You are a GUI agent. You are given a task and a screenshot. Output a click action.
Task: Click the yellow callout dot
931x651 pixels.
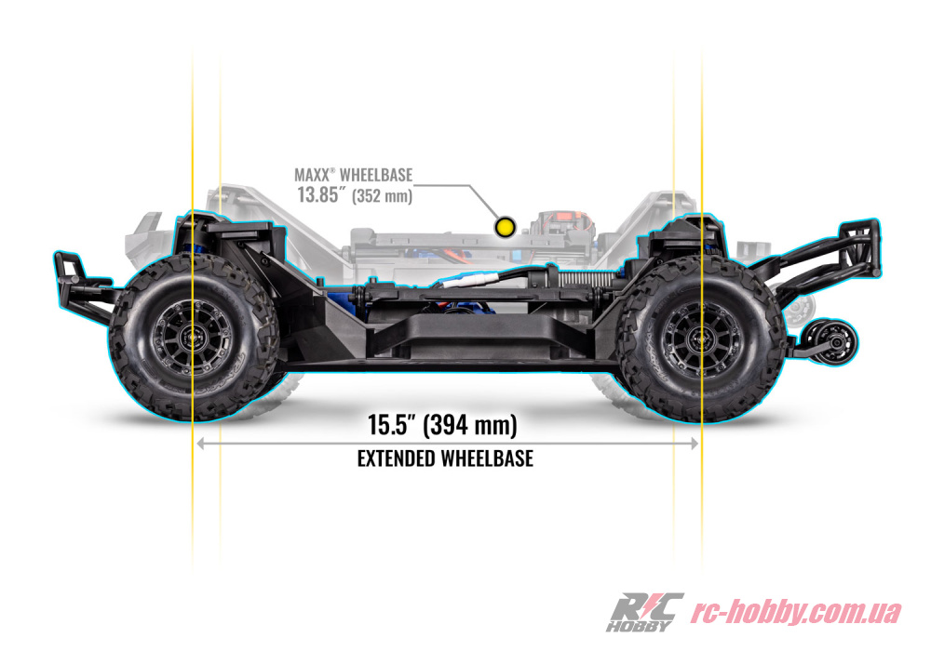(x=506, y=227)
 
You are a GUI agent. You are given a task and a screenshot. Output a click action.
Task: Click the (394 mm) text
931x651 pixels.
(x=470, y=425)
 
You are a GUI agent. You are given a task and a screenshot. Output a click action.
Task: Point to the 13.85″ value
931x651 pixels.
(x=321, y=194)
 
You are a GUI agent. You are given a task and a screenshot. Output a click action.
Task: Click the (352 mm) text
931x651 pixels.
(x=383, y=195)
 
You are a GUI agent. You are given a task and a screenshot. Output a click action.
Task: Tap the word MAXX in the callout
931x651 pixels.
(x=312, y=175)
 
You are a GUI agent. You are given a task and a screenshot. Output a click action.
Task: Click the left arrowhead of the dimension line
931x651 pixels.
(x=200, y=444)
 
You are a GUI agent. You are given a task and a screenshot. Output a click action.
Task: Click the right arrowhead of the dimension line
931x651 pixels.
(x=695, y=444)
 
